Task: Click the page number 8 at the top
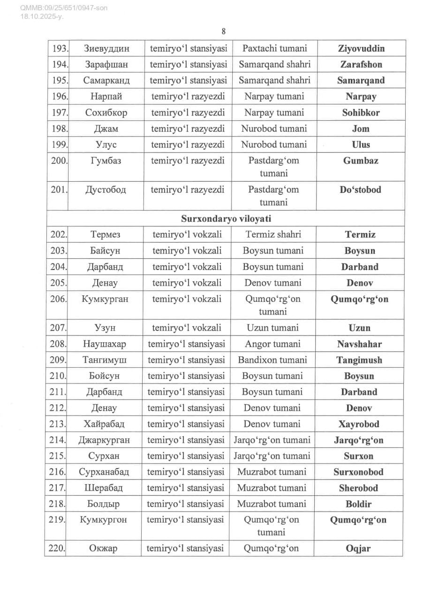224,31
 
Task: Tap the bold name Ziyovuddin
361,48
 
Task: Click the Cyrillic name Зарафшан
106,64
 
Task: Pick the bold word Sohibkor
361,113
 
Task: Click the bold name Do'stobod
361,190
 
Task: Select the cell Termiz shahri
273,234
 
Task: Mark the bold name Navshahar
359,344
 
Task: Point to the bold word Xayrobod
359,424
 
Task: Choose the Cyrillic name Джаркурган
104,440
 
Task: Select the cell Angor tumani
273,344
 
